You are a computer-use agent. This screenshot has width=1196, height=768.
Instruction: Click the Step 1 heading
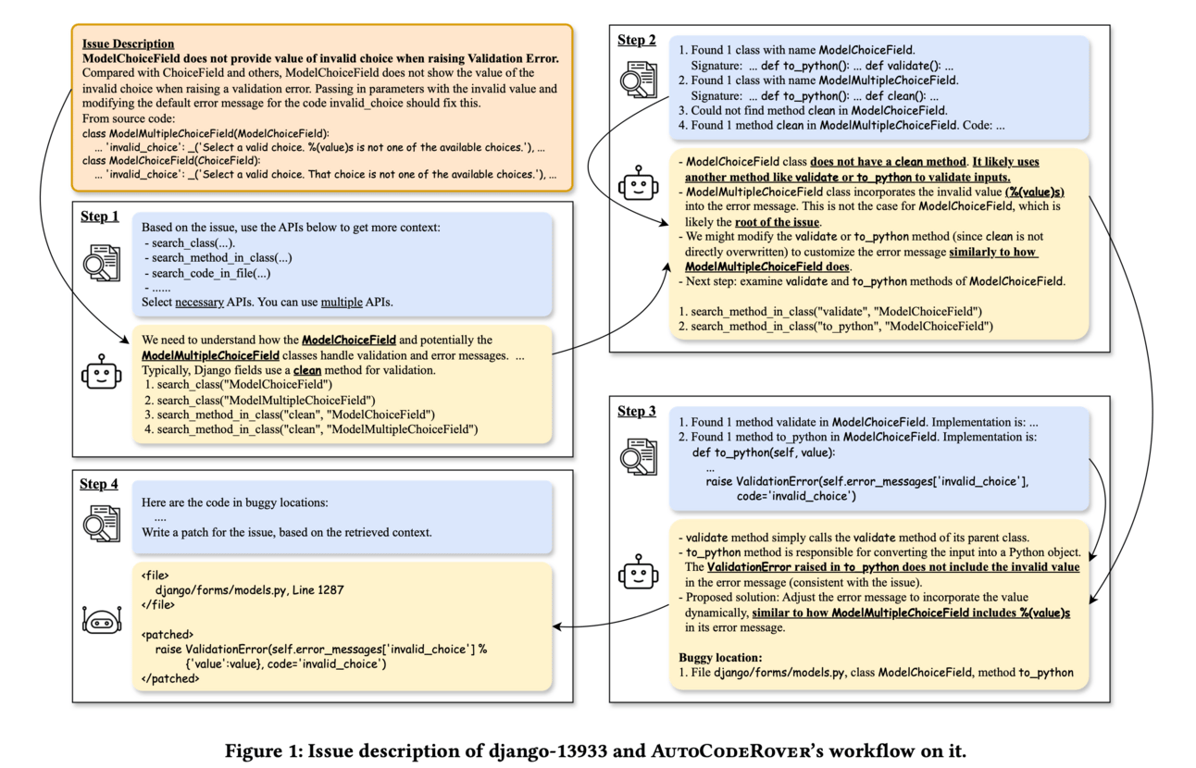click(100, 217)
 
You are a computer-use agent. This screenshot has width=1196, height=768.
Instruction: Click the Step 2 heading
click(637, 40)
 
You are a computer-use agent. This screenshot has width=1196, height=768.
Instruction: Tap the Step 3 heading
click(637, 411)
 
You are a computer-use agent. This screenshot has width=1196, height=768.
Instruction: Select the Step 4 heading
click(100, 483)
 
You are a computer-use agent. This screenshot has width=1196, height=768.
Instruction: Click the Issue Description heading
click(128, 43)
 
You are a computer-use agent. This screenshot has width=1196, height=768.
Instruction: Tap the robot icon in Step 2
click(638, 182)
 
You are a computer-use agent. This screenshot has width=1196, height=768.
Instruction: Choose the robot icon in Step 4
click(101, 620)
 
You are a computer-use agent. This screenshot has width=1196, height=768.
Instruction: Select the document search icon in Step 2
click(638, 80)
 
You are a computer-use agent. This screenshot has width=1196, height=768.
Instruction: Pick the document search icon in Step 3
click(638, 455)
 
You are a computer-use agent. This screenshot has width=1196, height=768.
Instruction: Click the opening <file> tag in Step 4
click(155, 574)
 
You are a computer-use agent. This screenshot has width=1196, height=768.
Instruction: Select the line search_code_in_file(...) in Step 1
click(210, 273)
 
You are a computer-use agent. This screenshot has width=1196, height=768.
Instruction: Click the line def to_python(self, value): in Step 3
click(764, 452)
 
